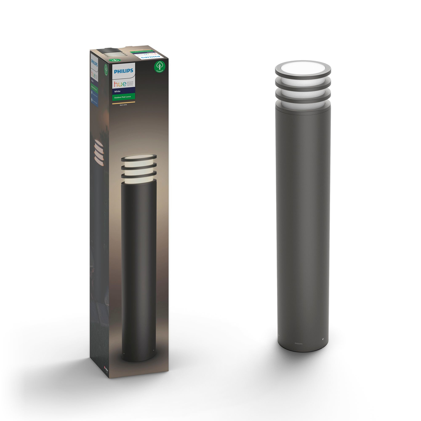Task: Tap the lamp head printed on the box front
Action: pos(139,166)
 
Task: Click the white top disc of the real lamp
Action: pos(303,67)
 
